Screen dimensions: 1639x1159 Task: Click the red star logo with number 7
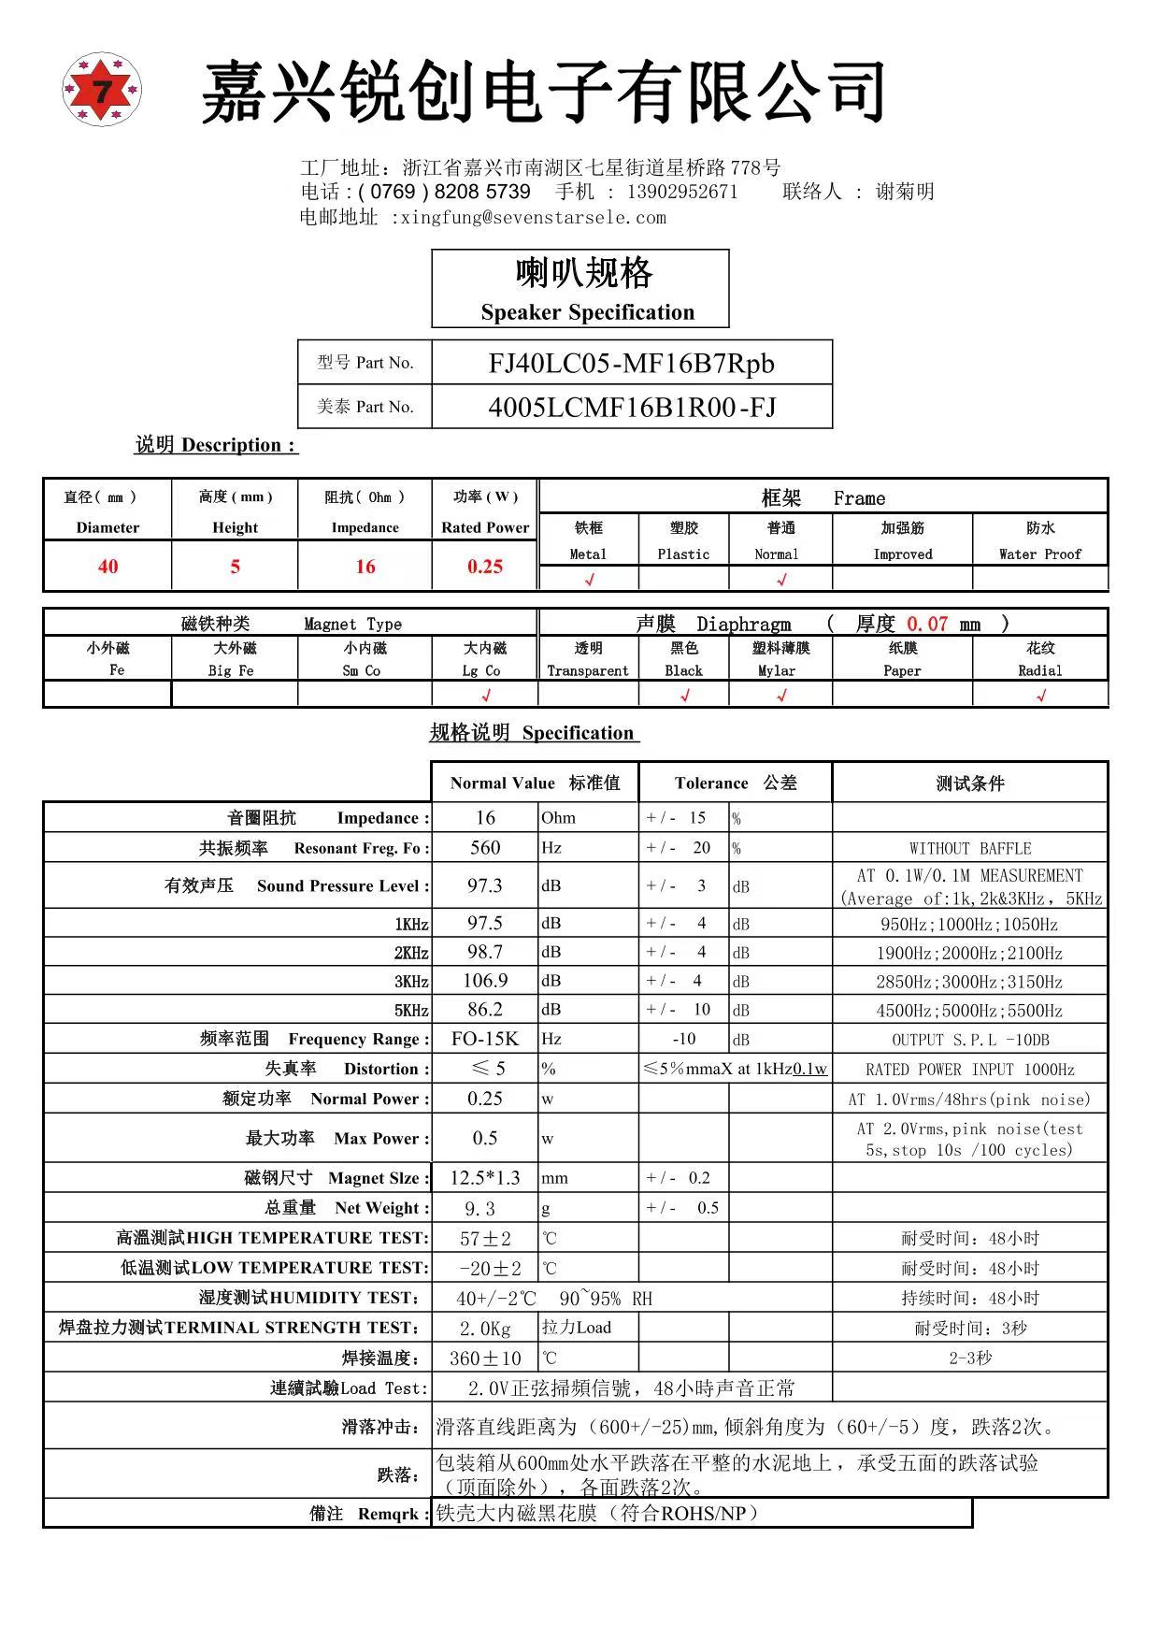pyautogui.click(x=102, y=90)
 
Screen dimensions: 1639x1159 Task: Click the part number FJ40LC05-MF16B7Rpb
pyautogui.click(x=631, y=363)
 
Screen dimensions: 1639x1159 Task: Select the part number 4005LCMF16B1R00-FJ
pyautogui.click(x=632, y=407)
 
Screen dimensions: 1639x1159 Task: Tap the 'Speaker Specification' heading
pyautogui.click(x=587, y=312)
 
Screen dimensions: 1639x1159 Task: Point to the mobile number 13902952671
pyautogui.click(x=682, y=192)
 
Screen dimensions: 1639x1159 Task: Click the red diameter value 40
pyautogui.click(x=107, y=567)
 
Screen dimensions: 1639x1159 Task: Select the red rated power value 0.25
pyautogui.click(x=485, y=567)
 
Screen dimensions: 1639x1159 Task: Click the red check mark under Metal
pyautogui.click(x=589, y=580)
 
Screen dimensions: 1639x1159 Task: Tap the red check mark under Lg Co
pyautogui.click(x=485, y=695)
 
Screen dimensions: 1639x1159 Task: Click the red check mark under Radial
pyautogui.click(x=1040, y=695)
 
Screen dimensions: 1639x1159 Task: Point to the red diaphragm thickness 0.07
pyautogui.click(x=927, y=624)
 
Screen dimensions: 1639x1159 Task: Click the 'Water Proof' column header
pyautogui.click(x=1039, y=554)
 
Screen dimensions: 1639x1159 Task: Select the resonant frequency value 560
pyautogui.click(x=485, y=848)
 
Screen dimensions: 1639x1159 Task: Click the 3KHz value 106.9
pyautogui.click(x=485, y=981)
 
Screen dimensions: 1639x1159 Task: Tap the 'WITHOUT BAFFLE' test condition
pyautogui.click(x=970, y=849)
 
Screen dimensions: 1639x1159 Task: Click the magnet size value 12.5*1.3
pyautogui.click(x=485, y=1178)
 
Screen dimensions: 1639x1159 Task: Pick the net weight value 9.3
pyautogui.click(x=480, y=1208)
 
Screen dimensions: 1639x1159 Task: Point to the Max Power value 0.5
pyautogui.click(x=485, y=1138)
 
